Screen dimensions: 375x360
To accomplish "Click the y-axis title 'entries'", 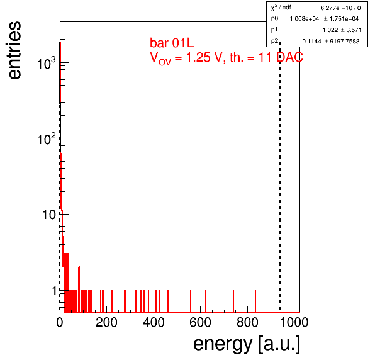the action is (15, 50).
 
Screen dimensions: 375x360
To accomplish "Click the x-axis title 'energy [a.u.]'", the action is (247, 344).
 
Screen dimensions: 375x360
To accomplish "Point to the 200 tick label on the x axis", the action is (106, 322).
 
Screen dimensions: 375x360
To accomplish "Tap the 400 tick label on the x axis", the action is (154, 322).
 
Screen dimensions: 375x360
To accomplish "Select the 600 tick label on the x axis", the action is (201, 322).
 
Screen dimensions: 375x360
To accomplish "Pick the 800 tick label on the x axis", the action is (247, 322).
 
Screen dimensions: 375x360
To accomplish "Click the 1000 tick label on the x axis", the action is (294, 322).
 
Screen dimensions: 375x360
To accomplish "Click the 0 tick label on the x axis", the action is (60, 322).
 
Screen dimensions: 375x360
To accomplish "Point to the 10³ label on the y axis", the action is (46, 63).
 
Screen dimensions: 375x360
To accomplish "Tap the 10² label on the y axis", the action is (46, 138).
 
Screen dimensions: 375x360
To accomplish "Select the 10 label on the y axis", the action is (49, 215).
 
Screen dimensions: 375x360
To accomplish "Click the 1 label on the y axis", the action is (54, 291).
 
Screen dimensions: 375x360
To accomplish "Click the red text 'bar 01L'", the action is (172, 43).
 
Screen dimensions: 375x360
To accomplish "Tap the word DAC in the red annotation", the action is (289, 57).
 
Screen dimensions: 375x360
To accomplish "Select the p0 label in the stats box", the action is (274, 18).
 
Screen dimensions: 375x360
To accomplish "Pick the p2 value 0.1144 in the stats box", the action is (311, 42).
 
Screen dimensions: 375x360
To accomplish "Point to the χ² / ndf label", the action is (281, 8).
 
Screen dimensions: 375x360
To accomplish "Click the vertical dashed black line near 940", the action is (280, 177).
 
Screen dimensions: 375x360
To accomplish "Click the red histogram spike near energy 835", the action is (255, 301).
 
